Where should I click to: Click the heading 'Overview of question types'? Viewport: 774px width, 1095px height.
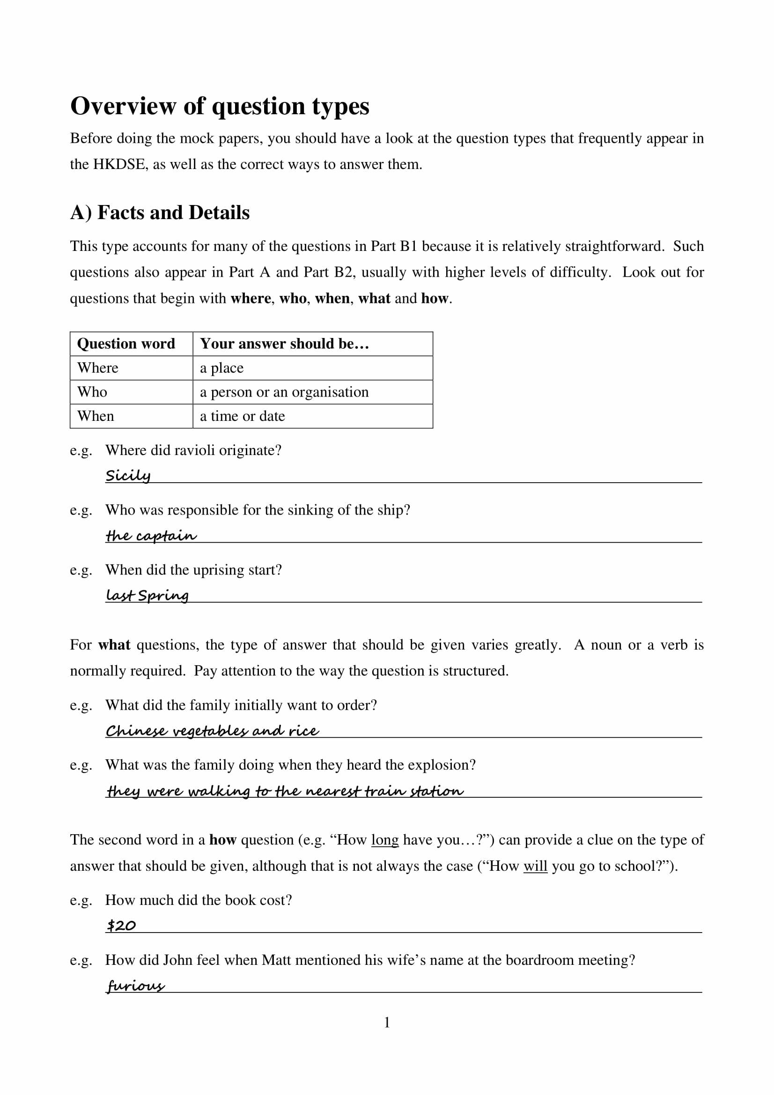(220, 106)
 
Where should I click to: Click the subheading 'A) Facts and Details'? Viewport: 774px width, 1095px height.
(160, 213)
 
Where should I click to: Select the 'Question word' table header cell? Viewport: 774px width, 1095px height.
(126, 344)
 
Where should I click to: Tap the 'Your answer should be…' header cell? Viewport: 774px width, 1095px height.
(284, 344)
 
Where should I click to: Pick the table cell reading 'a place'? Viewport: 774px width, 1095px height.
(222, 367)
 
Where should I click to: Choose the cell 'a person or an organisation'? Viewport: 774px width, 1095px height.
(284, 392)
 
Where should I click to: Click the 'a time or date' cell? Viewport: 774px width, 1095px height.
(242, 416)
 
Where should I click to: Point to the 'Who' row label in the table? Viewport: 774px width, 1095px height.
(93, 392)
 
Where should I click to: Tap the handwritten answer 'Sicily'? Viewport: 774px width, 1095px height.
(128, 476)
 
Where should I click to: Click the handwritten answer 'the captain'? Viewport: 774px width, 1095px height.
(151, 536)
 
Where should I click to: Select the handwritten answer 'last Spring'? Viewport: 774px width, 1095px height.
(147, 595)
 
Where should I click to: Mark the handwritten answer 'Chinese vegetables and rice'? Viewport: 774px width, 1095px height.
(212, 731)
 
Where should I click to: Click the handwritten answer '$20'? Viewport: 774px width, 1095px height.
(121, 926)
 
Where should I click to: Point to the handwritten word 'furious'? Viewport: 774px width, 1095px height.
(135, 985)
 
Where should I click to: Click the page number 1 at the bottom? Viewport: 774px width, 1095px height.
(387, 1022)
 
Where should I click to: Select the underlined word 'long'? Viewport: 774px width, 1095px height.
(384, 853)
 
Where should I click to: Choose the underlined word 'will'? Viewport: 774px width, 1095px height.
(535, 880)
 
